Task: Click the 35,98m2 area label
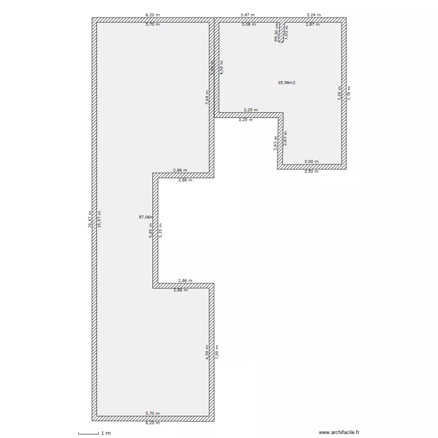287,83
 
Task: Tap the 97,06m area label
145,217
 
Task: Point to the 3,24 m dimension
314,14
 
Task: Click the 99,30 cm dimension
276,33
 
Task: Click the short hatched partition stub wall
281,33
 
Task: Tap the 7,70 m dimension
349,92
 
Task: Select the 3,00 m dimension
312,162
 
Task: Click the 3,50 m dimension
312,172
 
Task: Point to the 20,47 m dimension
89,219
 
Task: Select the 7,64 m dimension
207,97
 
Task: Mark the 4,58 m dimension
221,67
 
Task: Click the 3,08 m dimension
248,24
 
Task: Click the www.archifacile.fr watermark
339,433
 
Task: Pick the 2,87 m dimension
312,24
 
